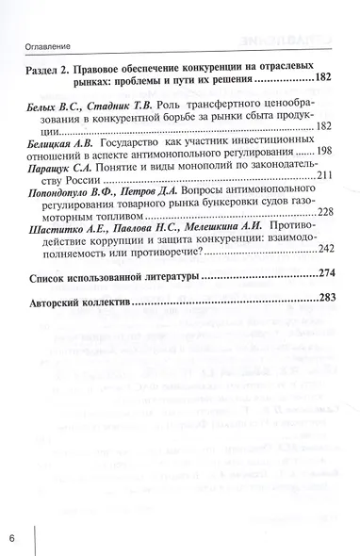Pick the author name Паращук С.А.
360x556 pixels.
point(64,164)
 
